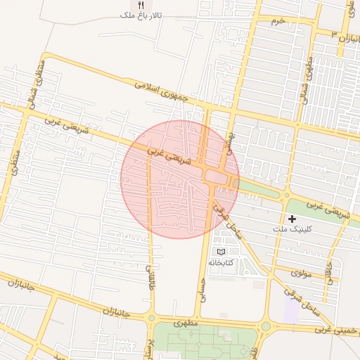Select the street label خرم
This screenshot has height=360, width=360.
[x=279, y=21]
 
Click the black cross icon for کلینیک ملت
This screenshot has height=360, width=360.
[x=292, y=219]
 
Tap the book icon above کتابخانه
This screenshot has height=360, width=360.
[x=221, y=252]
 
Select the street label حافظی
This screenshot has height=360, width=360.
[x=328, y=269]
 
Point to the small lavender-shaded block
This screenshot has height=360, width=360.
[x=292, y=309]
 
